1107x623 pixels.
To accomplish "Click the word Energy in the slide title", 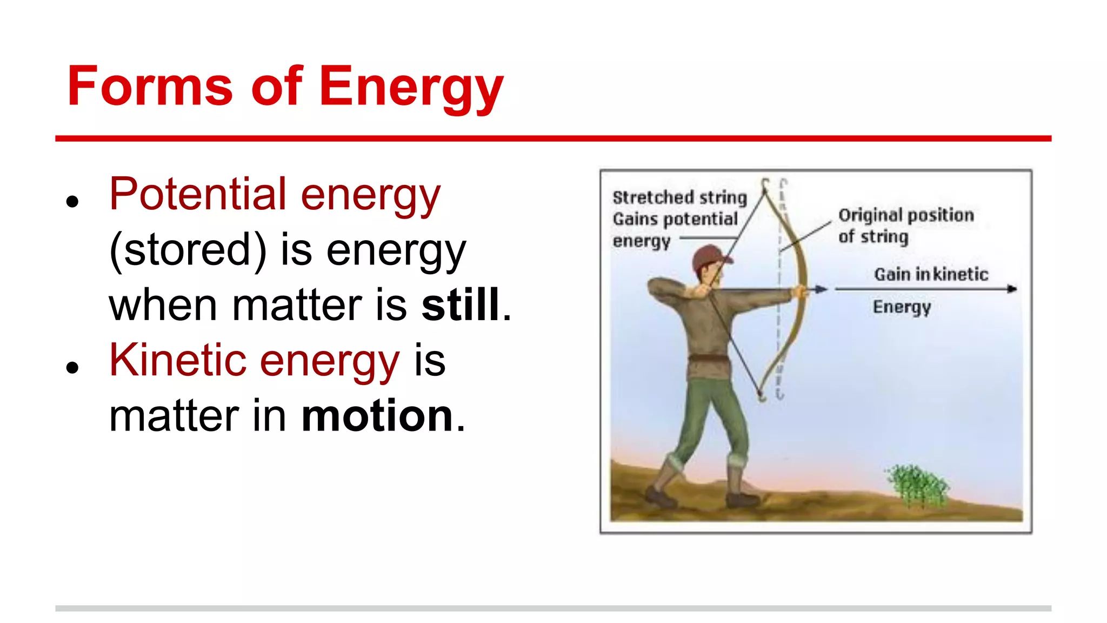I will click(411, 88).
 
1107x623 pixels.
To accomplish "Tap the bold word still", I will click(461, 305).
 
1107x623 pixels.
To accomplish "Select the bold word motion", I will click(377, 416).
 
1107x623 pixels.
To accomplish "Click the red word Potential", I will click(198, 194).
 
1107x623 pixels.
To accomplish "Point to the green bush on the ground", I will click(917, 484).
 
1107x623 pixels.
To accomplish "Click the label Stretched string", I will click(679, 197).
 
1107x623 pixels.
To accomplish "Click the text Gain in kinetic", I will click(931, 274).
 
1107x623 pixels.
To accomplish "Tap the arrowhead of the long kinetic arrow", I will click(1012, 289).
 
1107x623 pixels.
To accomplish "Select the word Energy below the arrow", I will click(902, 307).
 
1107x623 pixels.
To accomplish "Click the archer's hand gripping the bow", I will click(799, 293).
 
